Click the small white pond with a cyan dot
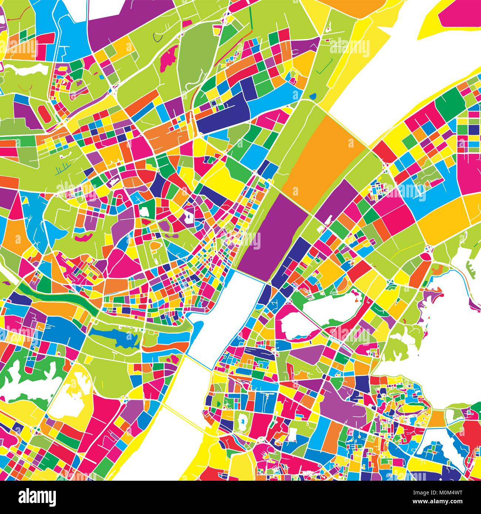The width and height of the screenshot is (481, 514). pos(243,420)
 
